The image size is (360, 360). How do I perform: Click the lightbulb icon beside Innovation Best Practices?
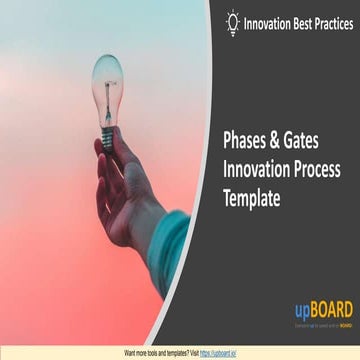click(x=233, y=22)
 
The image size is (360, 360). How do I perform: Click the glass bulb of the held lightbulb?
click(x=107, y=77)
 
